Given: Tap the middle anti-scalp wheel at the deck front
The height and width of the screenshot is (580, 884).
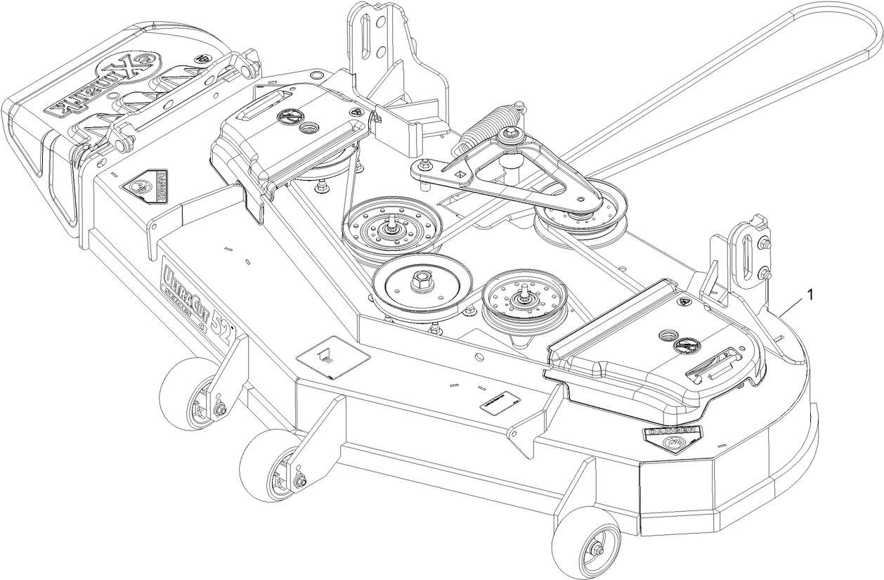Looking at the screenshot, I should [271, 465].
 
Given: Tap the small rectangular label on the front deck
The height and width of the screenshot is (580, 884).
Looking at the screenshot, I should [498, 403].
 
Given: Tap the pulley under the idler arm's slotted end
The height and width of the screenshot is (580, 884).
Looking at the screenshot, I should [580, 214].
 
